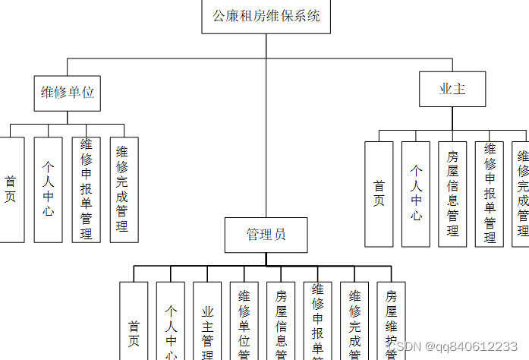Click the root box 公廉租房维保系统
click(x=266, y=16)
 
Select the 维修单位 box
click(x=68, y=92)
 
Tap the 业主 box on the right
click(x=452, y=89)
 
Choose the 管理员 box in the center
click(x=266, y=235)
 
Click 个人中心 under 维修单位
click(x=49, y=189)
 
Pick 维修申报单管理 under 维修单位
click(x=87, y=189)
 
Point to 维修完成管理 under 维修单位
click(x=124, y=189)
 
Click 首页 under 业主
click(x=379, y=194)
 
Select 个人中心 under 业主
click(x=416, y=194)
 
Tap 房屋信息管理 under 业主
click(x=452, y=194)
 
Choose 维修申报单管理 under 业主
click(x=490, y=194)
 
